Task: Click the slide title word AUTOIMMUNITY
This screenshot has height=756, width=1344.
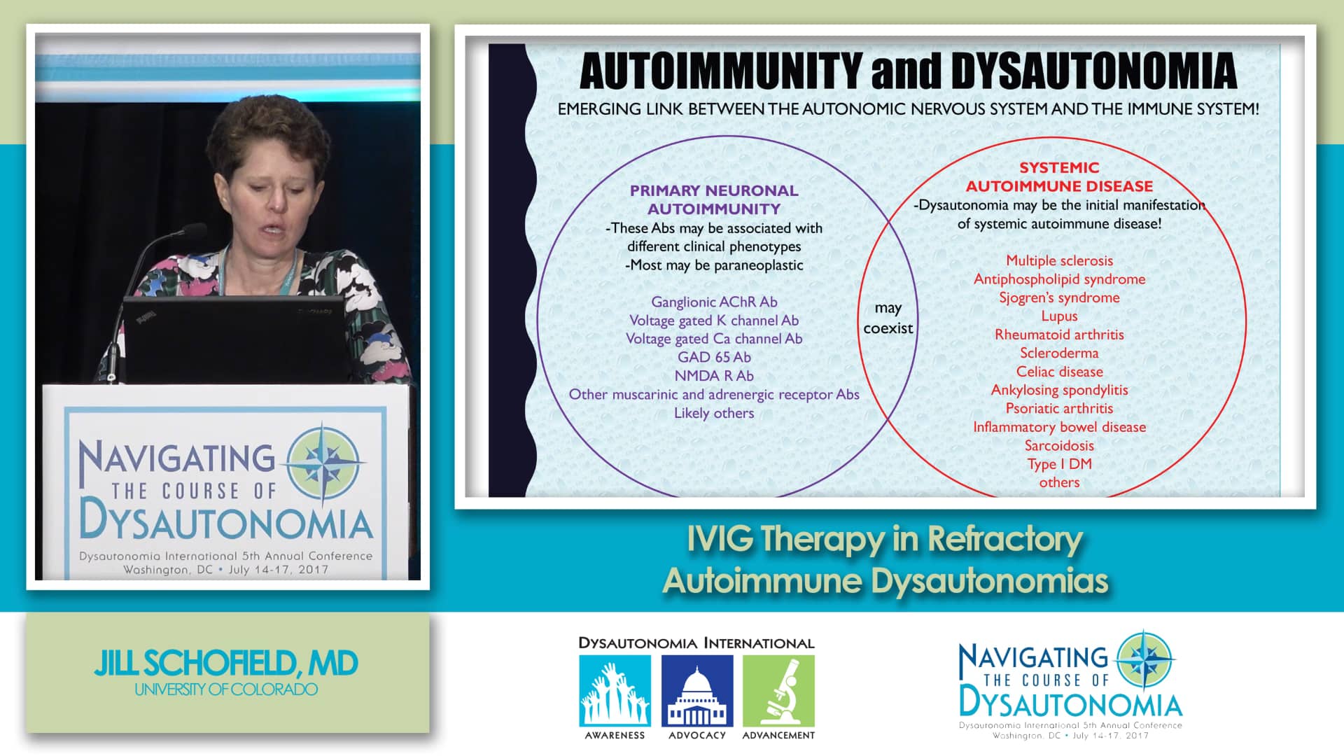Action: tap(720, 71)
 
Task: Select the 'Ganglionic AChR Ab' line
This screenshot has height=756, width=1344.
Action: tap(714, 302)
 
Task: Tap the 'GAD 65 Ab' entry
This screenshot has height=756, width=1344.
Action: tap(714, 357)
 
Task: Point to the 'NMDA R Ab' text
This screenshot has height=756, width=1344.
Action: tap(714, 376)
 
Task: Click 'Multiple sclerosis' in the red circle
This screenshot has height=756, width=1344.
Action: tap(1059, 260)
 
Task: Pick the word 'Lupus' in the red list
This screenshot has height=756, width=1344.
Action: tap(1059, 316)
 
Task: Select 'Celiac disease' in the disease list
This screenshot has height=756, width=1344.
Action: tap(1059, 372)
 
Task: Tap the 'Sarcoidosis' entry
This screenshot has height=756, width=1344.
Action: tap(1059, 445)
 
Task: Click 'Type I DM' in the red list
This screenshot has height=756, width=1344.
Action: tap(1059, 464)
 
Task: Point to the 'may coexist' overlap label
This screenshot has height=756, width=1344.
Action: tap(888, 318)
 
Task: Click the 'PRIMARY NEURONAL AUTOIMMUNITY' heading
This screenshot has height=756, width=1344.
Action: tap(714, 199)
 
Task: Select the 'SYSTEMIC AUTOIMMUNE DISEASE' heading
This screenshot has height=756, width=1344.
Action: tap(1059, 176)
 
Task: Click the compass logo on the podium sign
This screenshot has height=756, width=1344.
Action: tap(328, 463)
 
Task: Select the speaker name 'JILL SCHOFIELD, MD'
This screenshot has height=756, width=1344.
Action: tap(226, 663)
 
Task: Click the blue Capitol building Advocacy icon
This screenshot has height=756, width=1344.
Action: tap(697, 691)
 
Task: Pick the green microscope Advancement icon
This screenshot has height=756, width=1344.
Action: tap(778, 691)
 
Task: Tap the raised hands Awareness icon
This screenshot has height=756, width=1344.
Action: tap(615, 691)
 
